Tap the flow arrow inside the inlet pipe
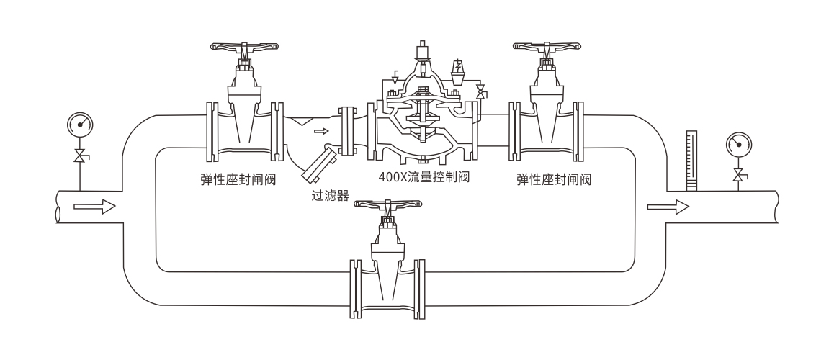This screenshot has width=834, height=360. pyautogui.click(x=94, y=207)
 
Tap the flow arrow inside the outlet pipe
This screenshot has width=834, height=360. pyautogui.click(x=668, y=207)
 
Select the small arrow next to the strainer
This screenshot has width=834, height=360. pyautogui.click(x=321, y=131)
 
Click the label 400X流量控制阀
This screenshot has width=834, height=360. pyautogui.click(x=423, y=176)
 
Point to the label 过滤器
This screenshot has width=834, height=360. pyautogui.click(x=329, y=196)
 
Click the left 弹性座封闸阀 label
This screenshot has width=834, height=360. pyautogui.click(x=238, y=178)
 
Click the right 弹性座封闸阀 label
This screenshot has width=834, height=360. pyautogui.click(x=555, y=179)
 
